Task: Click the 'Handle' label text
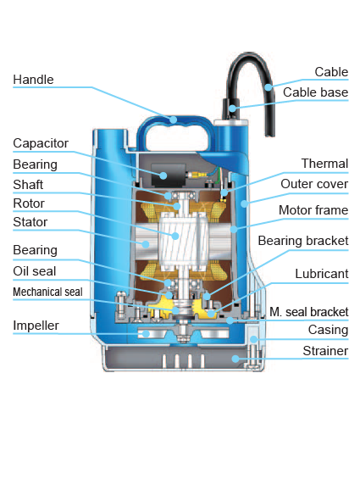(33, 80)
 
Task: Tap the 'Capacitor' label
(41, 143)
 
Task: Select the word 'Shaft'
(28, 185)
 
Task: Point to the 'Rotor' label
(29, 203)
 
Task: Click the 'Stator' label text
(30, 222)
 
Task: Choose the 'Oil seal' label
(35, 271)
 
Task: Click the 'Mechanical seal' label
(47, 292)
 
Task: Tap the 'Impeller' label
(36, 326)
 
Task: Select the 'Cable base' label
(315, 92)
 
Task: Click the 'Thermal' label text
(324, 164)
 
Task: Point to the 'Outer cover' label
(314, 184)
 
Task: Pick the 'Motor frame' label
(313, 210)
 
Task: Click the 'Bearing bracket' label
(303, 241)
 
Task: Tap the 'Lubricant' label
(322, 274)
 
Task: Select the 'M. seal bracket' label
(308, 312)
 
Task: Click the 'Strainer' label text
(325, 351)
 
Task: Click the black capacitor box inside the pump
(169, 175)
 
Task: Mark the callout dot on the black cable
(269, 87)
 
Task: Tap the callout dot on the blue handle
(173, 120)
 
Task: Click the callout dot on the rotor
(175, 236)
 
